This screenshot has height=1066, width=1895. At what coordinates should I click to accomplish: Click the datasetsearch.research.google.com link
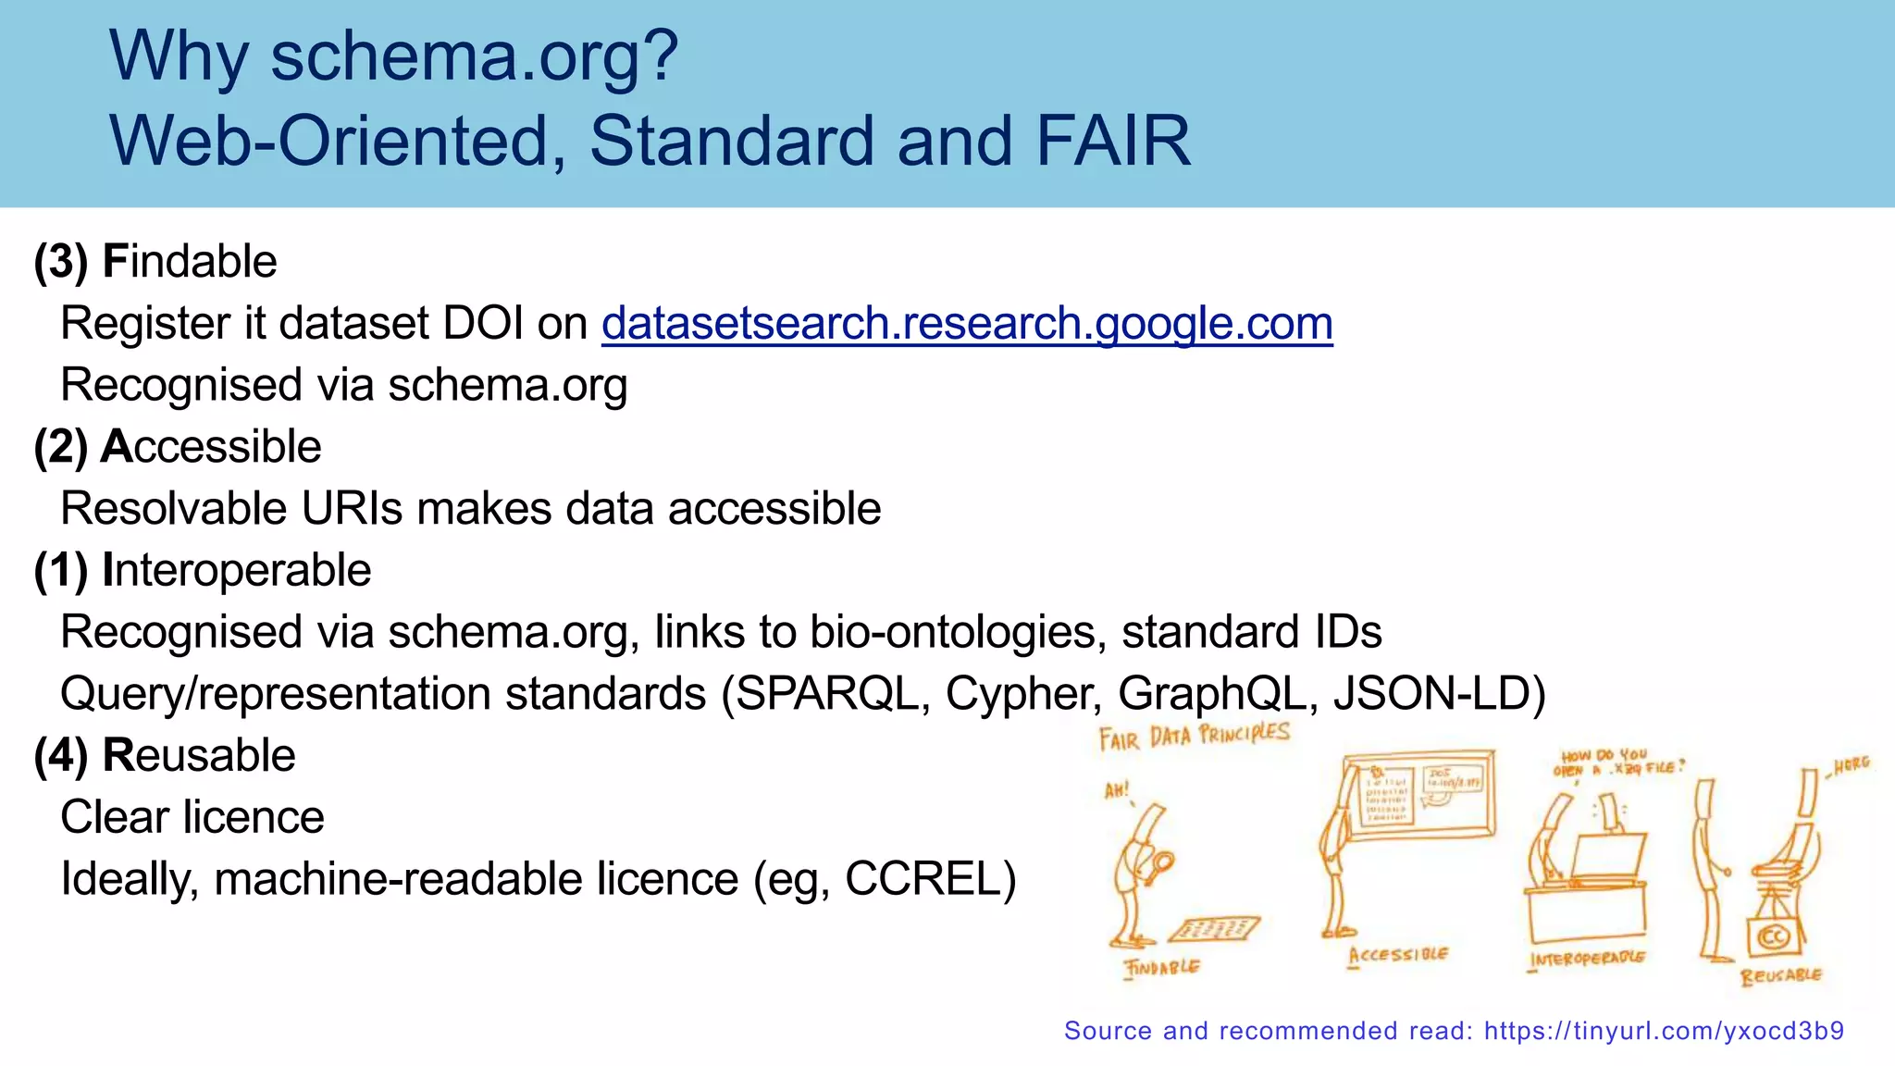tap(967, 324)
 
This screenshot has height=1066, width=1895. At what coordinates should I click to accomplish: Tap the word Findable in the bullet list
tap(190, 262)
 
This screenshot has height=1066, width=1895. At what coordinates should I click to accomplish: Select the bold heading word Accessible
tap(211, 447)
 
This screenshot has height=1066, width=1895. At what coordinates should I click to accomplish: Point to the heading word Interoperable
tap(237, 570)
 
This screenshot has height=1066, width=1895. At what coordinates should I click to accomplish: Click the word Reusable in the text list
tap(199, 756)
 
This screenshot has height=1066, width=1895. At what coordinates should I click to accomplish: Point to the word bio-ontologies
tap(957, 632)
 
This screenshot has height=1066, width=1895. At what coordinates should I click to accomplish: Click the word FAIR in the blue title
tap(1112, 141)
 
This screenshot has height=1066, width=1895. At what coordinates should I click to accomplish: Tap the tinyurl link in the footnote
tap(1664, 1031)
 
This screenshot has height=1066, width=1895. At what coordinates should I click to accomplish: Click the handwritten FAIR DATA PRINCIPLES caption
tap(1194, 737)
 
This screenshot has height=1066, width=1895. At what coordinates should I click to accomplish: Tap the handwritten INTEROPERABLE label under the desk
tap(1587, 959)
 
